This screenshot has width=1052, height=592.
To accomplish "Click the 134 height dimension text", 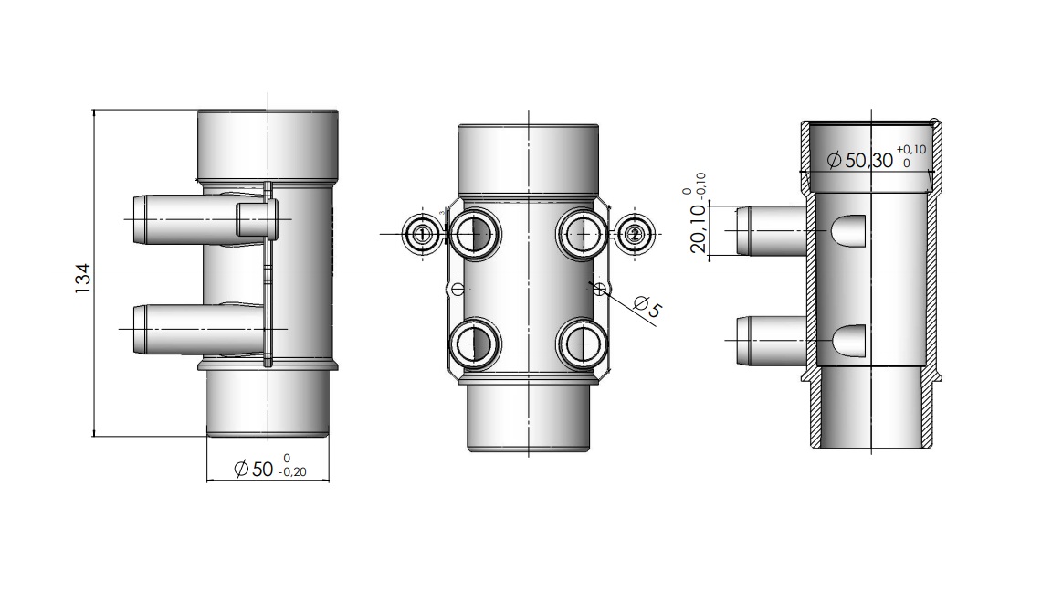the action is [x=82, y=279].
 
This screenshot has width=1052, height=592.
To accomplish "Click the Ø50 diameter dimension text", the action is [x=253, y=469].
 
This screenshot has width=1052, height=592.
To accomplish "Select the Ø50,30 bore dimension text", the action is [x=860, y=161].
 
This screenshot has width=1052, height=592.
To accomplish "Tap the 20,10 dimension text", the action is [x=699, y=228].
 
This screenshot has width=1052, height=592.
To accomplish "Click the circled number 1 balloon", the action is [x=422, y=234].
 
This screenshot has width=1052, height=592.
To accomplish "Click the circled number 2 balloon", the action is [x=635, y=234].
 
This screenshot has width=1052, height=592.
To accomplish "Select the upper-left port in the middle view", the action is [x=474, y=234].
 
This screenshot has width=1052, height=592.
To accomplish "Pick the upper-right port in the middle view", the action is [x=583, y=234].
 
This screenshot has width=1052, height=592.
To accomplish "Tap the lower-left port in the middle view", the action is [x=474, y=343].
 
